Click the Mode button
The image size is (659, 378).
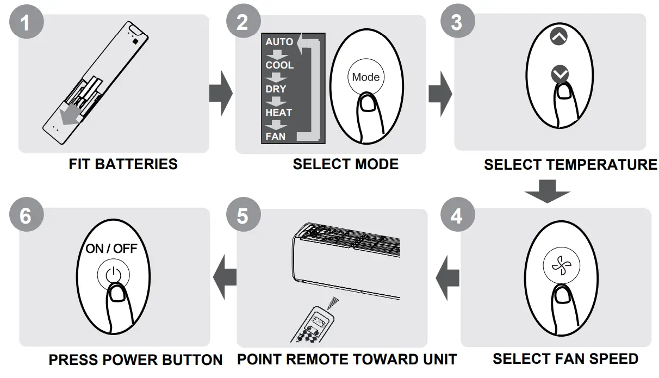point(365,77)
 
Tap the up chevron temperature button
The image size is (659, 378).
point(558,37)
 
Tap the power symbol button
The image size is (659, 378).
point(114,276)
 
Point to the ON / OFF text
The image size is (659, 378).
point(111,249)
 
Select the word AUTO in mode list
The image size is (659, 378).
point(279,42)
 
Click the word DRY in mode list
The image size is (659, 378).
point(276,89)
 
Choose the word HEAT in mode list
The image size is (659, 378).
point(278,113)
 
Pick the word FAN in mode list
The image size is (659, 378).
point(275,136)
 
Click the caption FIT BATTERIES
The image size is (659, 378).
point(123,164)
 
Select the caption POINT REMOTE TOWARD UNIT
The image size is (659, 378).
point(346,360)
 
